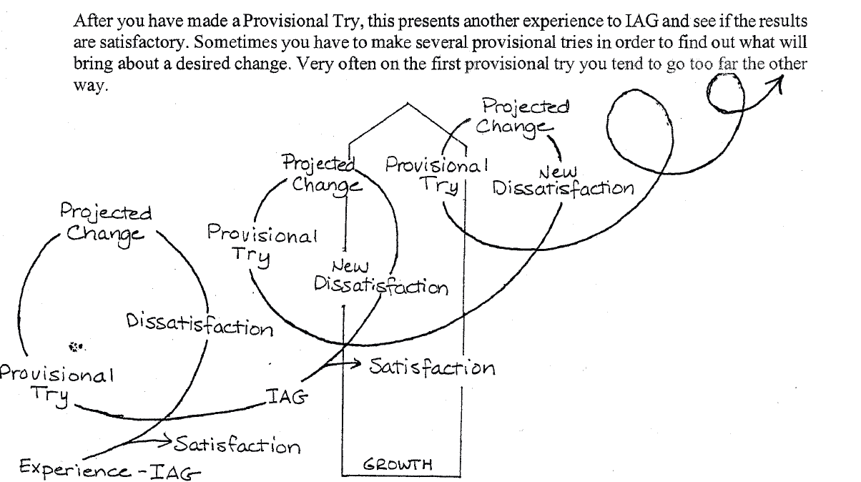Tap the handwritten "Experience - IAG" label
(100, 469)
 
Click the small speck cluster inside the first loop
(77, 348)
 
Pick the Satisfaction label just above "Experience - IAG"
(236, 445)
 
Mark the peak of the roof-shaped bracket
(408, 104)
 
